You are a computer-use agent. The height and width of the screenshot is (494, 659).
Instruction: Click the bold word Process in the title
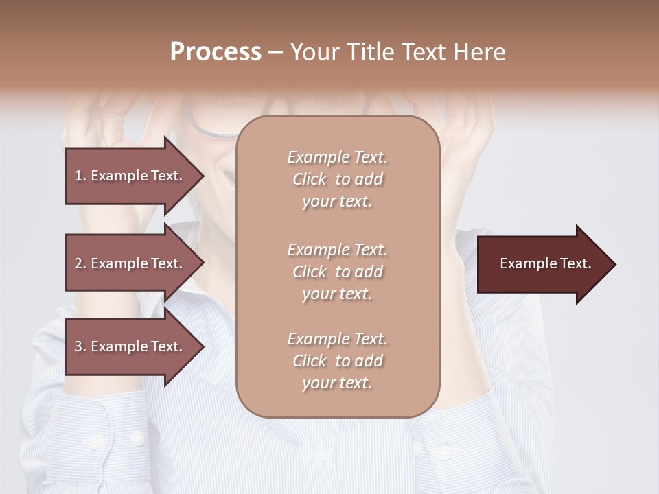tap(216, 52)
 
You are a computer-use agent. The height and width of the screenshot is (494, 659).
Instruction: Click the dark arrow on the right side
tap(542, 264)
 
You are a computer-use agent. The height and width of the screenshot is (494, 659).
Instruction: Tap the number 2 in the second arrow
tap(78, 263)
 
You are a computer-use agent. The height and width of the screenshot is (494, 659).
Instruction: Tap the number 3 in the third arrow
tap(78, 346)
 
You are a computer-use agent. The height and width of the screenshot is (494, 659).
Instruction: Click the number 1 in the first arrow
tap(78, 176)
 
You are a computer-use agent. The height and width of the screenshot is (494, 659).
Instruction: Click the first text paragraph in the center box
tap(337, 179)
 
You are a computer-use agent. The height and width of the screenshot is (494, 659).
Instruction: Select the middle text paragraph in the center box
tap(337, 272)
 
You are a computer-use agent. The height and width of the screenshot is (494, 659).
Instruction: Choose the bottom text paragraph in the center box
tap(337, 361)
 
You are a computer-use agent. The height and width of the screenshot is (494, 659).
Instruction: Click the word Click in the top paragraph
tap(309, 179)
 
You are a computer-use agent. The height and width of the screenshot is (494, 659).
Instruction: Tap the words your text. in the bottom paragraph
tap(337, 383)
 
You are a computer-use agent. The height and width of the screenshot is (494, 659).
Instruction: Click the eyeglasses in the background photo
tap(213, 126)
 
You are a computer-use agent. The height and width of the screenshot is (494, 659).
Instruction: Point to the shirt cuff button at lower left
tap(137, 437)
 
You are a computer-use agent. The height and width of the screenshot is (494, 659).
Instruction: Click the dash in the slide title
tap(275, 53)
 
